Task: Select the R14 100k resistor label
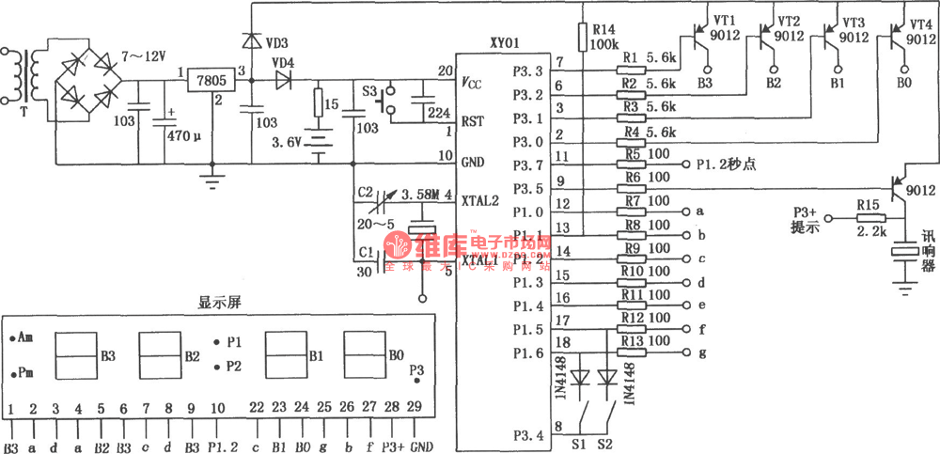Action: [603, 37]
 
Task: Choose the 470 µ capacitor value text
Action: [184, 134]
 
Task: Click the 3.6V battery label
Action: [300, 142]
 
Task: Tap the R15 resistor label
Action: [868, 203]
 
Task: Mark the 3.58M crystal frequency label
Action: [419, 194]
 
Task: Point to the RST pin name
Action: [473, 120]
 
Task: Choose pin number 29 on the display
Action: [415, 407]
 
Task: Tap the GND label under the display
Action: [421, 446]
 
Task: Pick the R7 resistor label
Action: [631, 200]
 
